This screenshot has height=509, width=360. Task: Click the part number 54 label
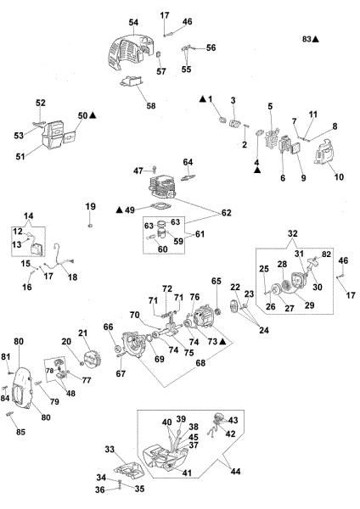(133, 21)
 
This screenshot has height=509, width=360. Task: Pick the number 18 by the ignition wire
(71, 277)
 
